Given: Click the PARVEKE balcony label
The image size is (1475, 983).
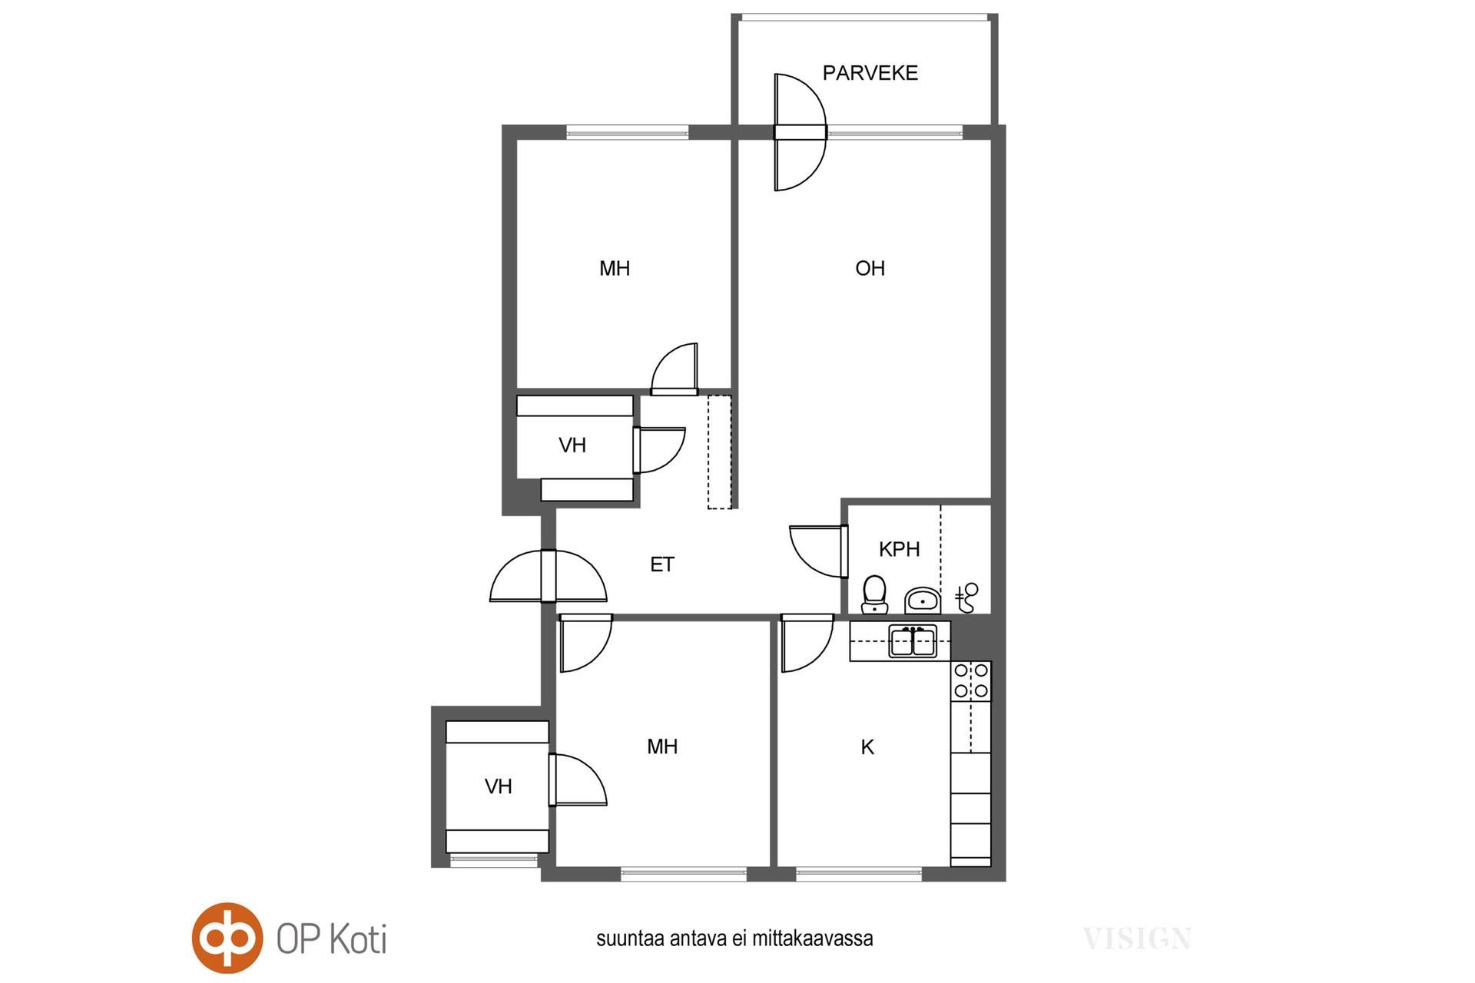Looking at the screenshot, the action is coord(870,73).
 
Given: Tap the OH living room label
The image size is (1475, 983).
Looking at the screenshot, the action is coord(870,268).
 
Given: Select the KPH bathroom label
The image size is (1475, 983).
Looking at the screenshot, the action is coord(899,549).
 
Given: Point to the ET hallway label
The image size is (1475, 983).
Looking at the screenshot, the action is coord(661,564).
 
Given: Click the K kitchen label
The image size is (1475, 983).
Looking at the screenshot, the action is coord(867,746).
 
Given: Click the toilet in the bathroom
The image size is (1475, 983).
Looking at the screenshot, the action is coord(874,595).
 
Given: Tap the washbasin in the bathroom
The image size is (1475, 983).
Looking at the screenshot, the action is coord(922,600).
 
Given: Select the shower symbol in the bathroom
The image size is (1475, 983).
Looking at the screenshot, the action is coord(966,597).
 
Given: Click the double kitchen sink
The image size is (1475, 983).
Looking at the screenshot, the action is coord(913,641).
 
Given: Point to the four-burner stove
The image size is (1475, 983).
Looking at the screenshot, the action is coord(971,681).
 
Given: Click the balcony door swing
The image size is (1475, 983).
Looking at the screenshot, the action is coord(800,132).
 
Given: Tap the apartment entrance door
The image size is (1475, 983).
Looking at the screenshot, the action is coord(549,576).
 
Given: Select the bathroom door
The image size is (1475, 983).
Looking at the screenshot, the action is coord(819,551).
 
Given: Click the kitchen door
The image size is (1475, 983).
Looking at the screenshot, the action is coord(807,644).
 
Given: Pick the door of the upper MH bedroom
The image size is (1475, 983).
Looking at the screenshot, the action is coord(675,369).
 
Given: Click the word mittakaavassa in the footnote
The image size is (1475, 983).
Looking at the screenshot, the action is coord(813,938).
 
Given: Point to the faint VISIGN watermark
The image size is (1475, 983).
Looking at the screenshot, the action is coord(1137,938).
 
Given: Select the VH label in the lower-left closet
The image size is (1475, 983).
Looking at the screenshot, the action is coord(499,786).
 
